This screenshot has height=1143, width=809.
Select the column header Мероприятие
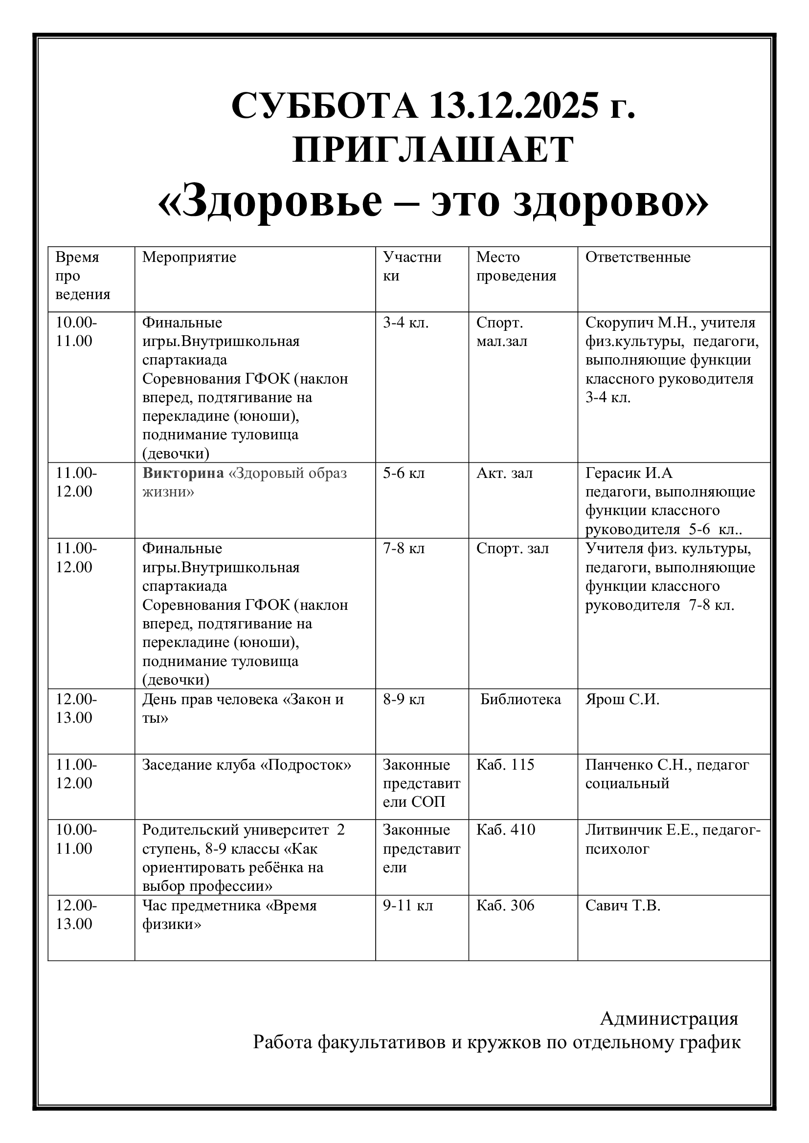coord(189,258)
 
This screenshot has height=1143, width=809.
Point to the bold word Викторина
coord(183,473)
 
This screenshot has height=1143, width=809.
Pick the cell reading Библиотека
coord(520,699)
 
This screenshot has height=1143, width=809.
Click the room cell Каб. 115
coord(505,765)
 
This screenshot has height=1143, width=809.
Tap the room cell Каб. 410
coord(506,830)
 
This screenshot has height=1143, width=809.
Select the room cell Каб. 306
coord(505,906)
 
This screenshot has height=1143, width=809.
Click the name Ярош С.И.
coord(622,699)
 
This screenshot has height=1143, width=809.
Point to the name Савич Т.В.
coord(623,906)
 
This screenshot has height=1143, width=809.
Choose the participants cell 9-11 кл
coord(408,906)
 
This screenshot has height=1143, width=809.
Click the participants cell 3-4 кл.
coord(405,323)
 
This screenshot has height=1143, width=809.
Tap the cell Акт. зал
coord(504,473)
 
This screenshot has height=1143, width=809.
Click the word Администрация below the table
coord(669,1018)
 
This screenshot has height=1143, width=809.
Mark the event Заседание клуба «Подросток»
coord(247,765)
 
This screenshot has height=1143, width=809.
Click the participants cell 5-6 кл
coord(404,473)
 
